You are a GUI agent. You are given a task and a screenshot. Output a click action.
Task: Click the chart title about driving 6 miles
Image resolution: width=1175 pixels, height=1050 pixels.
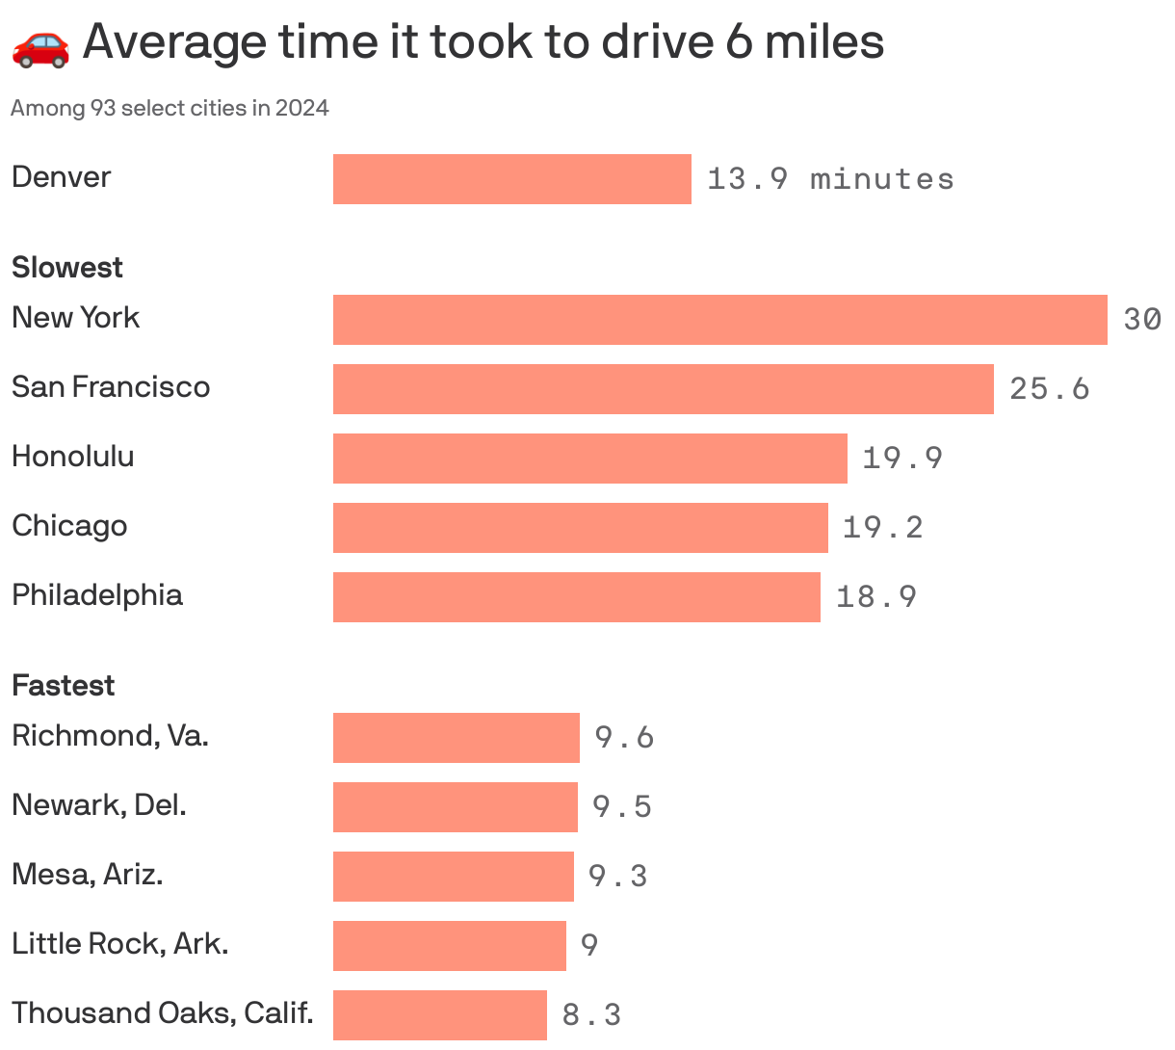tap(483, 42)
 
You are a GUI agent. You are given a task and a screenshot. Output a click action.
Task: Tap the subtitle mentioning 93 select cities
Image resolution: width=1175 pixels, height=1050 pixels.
tap(170, 108)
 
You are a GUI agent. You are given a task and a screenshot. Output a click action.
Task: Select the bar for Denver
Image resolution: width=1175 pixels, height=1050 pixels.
tap(511, 179)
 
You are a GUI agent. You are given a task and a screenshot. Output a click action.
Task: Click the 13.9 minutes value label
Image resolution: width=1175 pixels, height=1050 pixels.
tap(830, 179)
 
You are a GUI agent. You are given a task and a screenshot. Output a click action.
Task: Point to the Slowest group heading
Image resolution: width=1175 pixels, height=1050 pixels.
tap(67, 267)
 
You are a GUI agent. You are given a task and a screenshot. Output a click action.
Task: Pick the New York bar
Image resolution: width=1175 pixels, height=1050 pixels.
tap(719, 320)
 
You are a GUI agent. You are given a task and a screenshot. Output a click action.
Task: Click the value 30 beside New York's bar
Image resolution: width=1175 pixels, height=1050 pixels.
tap(1142, 320)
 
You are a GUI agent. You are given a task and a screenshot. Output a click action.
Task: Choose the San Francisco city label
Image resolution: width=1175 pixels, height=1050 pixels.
tap(111, 387)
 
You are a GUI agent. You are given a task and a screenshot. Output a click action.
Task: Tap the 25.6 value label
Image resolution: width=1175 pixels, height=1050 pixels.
tap(1049, 389)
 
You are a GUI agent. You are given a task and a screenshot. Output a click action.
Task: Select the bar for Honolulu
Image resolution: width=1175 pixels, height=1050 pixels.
tap(589, 459)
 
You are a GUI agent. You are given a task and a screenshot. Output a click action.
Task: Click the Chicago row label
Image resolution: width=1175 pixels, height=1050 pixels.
tap(69, 526)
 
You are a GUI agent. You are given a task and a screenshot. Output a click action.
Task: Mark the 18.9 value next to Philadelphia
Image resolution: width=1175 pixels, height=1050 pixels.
tap(875, 597)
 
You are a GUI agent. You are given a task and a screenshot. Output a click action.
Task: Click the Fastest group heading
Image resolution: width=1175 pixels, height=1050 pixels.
tap(63, 685)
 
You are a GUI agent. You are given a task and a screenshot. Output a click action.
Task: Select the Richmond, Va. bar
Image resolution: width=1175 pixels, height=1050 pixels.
tap(456, 738)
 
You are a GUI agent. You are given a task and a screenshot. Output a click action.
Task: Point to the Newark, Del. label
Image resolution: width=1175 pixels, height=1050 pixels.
tap(99, 805)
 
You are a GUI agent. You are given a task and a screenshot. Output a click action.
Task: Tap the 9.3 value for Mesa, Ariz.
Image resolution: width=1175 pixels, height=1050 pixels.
tap(617, 877)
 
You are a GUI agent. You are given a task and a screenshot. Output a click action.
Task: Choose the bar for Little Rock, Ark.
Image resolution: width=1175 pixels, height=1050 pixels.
tap(449, 946)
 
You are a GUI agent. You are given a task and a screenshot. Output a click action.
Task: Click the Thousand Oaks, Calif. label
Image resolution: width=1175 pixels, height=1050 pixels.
tap(163, 1013)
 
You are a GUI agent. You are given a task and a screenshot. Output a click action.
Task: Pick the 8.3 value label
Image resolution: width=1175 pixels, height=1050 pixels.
tap(591, 1015)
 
